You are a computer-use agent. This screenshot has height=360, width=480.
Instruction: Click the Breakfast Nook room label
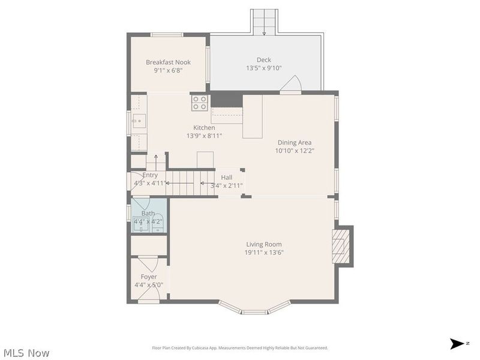pyautogui.click(x=168, y=62)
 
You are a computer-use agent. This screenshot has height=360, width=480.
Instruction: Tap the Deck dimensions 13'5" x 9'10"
pyautogui.click(x=264, y=68)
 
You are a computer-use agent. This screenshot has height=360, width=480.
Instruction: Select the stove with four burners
pyautogui.click(x=200, y=103)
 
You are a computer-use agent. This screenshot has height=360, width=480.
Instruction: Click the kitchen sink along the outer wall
pyautogui.click(x=139, y=121)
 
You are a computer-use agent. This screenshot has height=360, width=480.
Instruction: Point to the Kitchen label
pyautogui.click(x=204, y=127)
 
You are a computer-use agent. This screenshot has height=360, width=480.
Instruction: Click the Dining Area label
pyautogui.click(x=294, y=142)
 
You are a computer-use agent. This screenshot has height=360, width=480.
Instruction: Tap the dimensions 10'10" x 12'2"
pyautogui.click(x=294, y=151)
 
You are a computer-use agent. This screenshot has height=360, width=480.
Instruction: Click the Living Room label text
pyautogui.click(x=264, y=244)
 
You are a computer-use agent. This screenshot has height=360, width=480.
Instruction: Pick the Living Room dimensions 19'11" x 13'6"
pyautogui.click(x=264, y=253)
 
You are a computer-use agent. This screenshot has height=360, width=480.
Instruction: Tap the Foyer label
pyautogui.click(x=149, y=277)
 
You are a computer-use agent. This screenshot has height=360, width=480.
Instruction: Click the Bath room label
pyautogui.click(x=148, y=213)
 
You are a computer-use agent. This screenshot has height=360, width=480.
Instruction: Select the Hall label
pyautogui.click(x=226, y=177)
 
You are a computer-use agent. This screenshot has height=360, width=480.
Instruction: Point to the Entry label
pyautogui.click(x=150, y=175)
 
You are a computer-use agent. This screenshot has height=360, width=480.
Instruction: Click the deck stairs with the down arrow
pyautogui.click(x=263, y=22)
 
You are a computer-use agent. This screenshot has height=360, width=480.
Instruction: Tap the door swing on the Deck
pyautogui.click(x=292, y=85)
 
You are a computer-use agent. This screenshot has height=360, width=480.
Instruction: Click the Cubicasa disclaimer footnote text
pyautogui.click(x=240, y=347)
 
